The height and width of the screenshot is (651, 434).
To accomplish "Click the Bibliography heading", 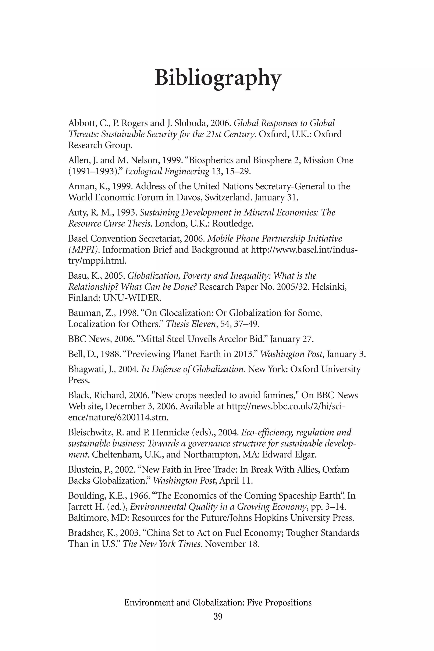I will click(x=218, y=78).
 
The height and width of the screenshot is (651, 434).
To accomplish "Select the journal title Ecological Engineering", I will click(x=167, y=172).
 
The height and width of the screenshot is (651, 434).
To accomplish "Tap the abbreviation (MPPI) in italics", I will click(x=83, y=250).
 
